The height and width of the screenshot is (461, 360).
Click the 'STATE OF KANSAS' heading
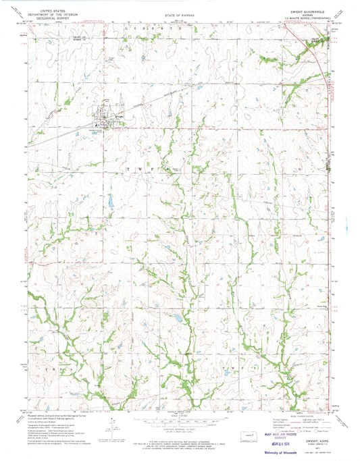[x=180, y=14]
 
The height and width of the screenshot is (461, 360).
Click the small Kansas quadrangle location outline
[x=246, y=426]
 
